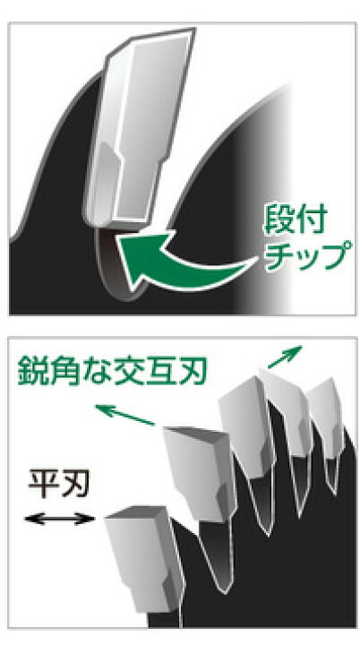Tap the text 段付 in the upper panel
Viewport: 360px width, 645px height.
pos(295,220)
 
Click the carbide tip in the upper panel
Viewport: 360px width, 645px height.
pos(138,127)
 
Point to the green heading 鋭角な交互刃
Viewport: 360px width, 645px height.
pos(112,370)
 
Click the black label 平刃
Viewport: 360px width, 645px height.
pos(59,485)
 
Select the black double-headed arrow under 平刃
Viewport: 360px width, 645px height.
pos(60,519)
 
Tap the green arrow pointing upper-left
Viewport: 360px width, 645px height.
pos(124,415)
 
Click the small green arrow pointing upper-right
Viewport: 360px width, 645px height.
pos(285,357)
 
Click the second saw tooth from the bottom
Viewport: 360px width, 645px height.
pos(200,473)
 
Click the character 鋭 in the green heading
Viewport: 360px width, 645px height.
pos(33,370)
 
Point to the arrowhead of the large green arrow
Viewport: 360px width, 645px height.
pos(138,254)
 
